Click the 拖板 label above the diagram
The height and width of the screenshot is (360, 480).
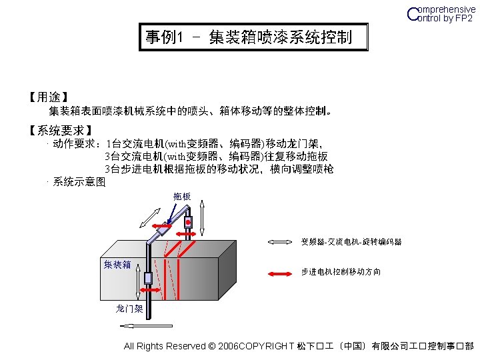coord(182,197)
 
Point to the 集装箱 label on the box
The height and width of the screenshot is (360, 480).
coord(117,265)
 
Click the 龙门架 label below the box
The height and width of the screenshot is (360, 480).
coord(129,309)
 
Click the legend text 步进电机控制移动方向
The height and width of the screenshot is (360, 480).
coord(341,273)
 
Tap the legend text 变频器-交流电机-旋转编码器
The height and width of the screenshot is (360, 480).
coord(351,241)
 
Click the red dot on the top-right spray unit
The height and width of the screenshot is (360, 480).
coord(189,221)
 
